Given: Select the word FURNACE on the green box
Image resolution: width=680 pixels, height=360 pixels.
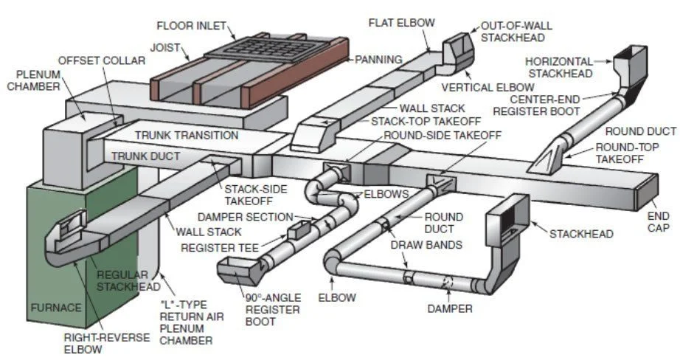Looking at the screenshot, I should point(55,308).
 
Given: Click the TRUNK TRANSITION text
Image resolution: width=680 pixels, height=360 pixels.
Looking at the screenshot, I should point(187,136).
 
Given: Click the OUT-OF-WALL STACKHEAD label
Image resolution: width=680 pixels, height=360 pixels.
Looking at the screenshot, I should point(516,32).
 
